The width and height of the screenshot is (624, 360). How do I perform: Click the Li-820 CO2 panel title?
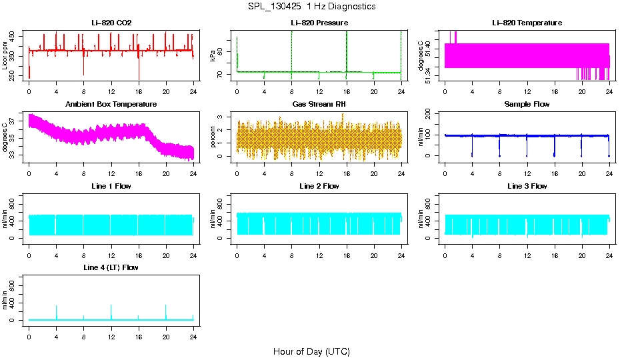click(x=111, y=23)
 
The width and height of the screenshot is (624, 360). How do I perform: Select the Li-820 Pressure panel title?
click(x=319, y=23)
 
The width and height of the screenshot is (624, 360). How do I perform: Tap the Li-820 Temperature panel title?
click(x=527, y=23)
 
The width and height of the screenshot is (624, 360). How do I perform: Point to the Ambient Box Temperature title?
click(x=111, y=104)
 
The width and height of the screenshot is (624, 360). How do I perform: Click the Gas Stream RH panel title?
click(x=319, y=104)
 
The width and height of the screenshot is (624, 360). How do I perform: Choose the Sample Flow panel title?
click(x=527, y=104)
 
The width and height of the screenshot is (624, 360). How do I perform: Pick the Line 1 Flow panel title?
click(x=111, y=186)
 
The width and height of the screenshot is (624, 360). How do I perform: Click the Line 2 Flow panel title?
click(x=319, y=186)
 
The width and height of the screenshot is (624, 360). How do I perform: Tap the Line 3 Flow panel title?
click(x=527, y=186)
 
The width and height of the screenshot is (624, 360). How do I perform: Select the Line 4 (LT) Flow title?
click(x=111, y=267)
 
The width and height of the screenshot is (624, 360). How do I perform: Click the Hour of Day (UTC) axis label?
click(x=311, y=351)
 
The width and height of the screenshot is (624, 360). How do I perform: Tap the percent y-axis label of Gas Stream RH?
click(x=213, y=137)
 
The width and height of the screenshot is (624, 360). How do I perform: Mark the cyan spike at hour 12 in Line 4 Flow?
click(x=111, y=311)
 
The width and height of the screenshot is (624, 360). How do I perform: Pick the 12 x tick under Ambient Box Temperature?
click(x=111, y=174)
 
